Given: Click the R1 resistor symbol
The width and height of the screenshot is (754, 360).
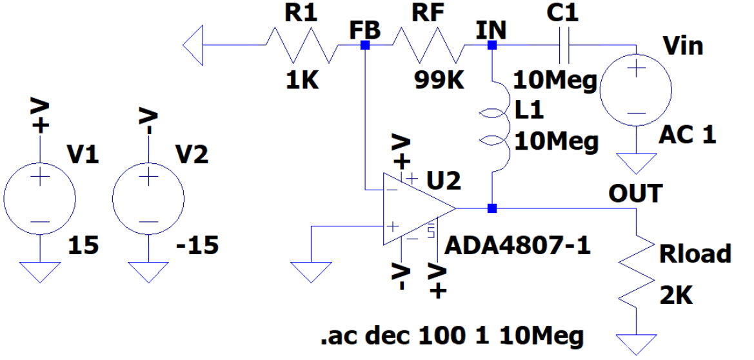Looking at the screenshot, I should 301,45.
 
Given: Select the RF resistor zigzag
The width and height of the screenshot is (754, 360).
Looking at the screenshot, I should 428,45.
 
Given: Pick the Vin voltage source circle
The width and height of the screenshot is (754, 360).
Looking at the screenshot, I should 635,90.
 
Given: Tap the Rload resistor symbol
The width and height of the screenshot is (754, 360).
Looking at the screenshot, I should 636,274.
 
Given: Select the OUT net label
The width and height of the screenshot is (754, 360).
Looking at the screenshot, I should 635,193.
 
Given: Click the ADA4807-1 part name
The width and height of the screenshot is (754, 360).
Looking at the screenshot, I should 518,245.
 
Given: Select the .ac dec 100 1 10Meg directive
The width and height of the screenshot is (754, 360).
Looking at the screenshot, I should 451,335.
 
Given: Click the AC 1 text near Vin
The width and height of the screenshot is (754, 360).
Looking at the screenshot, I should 687,135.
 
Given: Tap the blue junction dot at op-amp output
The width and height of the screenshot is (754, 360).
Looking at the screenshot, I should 492,208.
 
